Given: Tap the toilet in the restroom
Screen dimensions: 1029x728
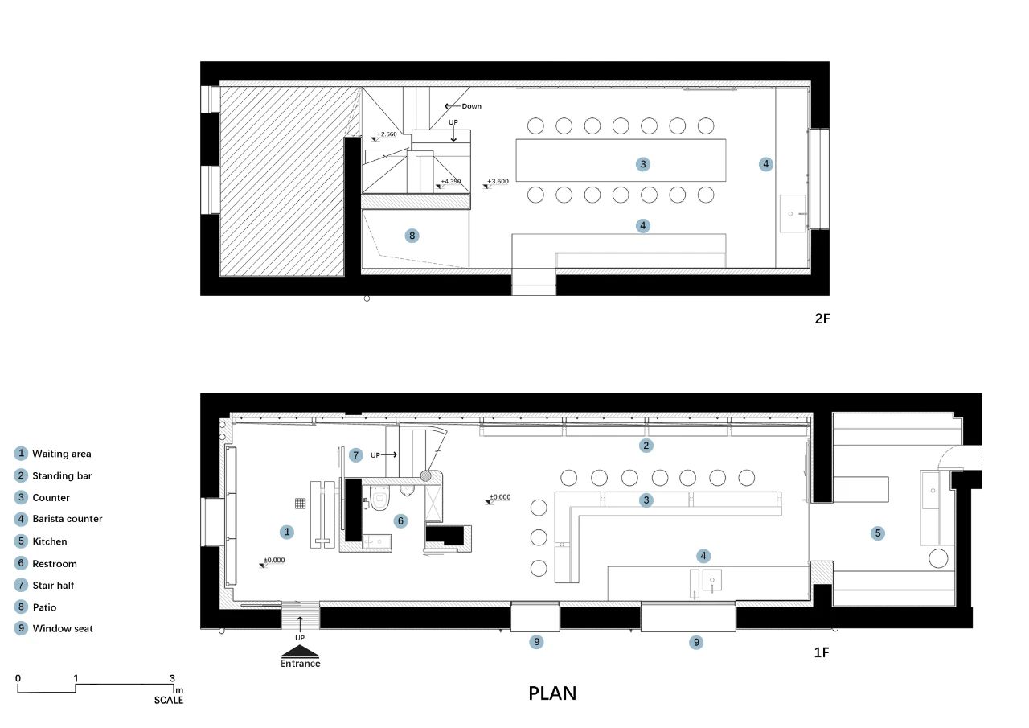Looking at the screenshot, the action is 380,498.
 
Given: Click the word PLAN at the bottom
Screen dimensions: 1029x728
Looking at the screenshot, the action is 552,693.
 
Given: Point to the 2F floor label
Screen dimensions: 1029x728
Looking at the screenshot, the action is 822,319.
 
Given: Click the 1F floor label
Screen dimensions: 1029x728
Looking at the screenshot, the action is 822,652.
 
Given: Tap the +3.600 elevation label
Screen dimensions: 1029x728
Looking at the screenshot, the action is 498,181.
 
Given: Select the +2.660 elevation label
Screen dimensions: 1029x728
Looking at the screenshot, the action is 387,134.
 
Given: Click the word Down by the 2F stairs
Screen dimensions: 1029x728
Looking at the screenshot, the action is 471,106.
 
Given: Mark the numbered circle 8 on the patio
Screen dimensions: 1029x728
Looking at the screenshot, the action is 412,236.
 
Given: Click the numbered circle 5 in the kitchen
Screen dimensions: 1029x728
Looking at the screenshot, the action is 877,533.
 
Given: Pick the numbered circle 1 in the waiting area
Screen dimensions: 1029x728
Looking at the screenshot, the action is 287,532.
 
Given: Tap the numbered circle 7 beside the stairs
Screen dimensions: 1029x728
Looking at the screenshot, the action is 355,455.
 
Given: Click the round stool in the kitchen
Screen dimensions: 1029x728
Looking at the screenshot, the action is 938,558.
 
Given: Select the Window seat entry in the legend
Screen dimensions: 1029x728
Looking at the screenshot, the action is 54,628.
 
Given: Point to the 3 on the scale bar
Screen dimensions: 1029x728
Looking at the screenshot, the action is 172,678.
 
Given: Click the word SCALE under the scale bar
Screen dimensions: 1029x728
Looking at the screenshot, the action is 169,700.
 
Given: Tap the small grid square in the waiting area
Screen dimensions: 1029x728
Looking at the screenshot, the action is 300,504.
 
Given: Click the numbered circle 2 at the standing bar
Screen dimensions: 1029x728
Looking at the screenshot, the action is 646,446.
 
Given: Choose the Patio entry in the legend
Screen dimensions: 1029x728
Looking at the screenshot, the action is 35,607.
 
